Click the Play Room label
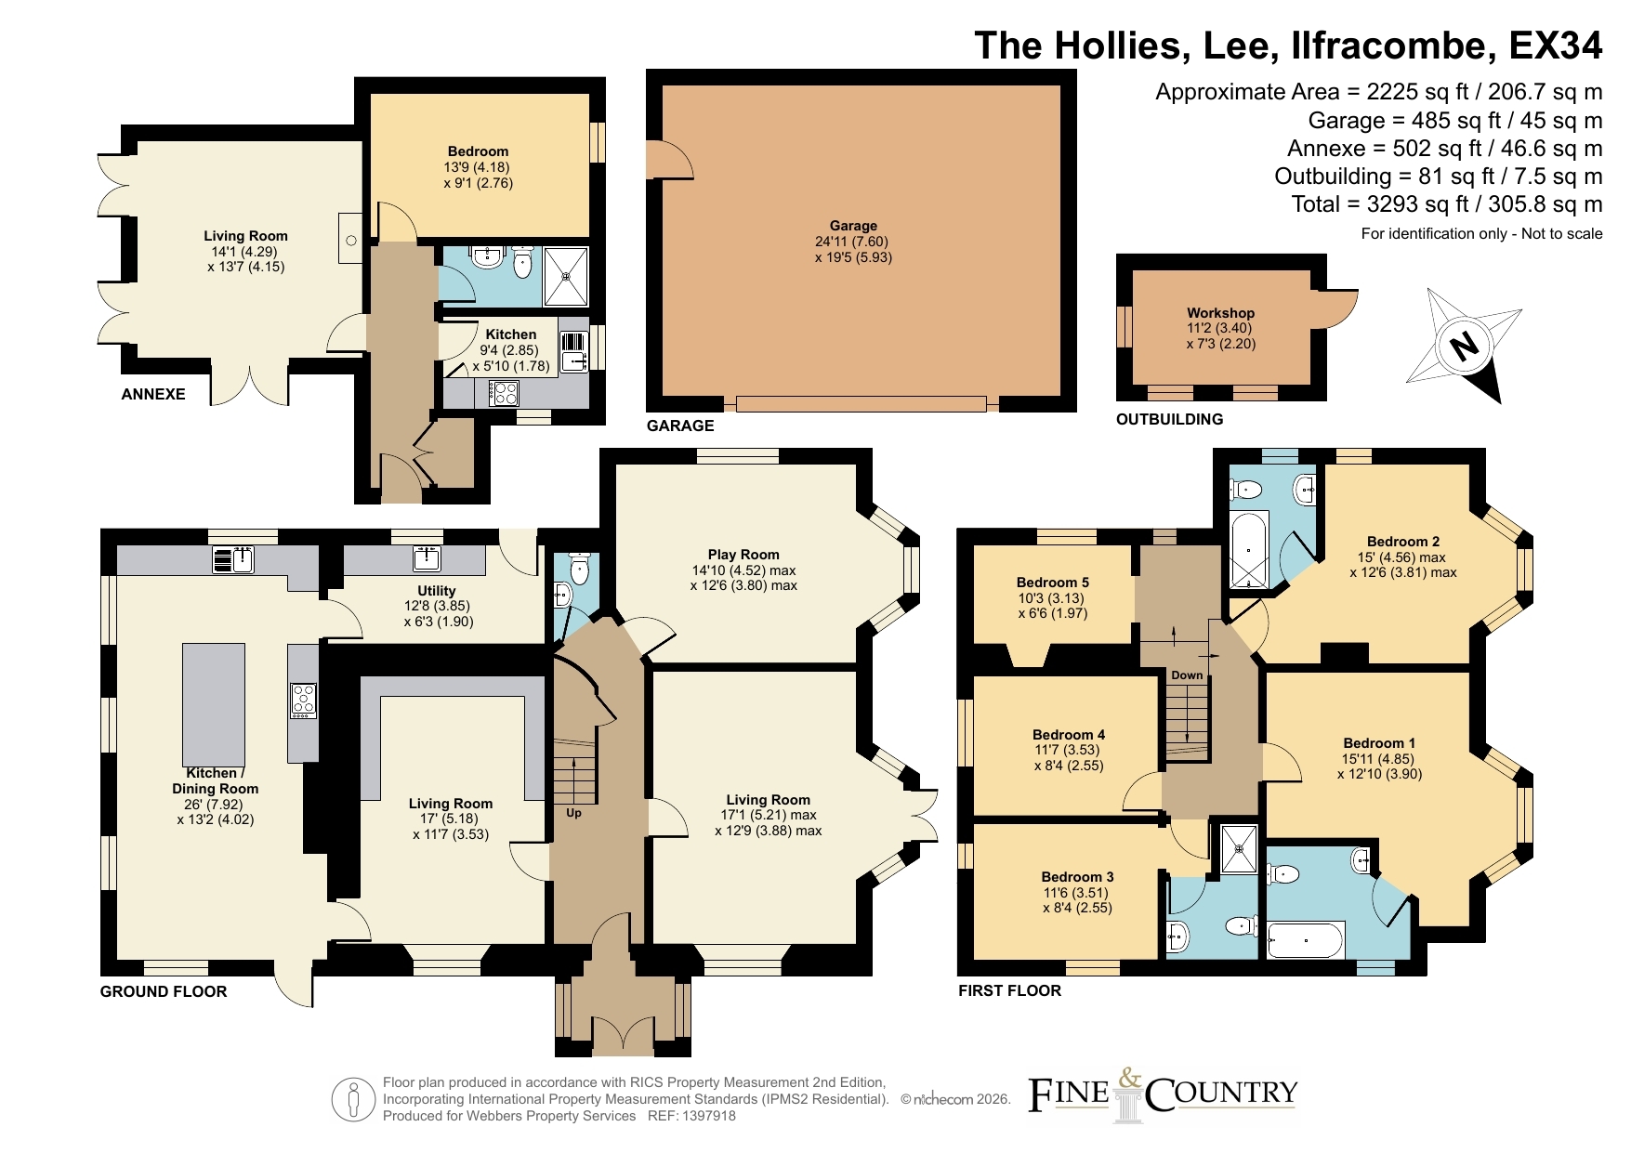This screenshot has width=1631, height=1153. [743, 555]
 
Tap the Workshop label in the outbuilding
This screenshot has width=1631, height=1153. [1220, 313]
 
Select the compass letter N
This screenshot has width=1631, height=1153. [1464, 347]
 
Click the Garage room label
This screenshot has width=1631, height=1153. [853, 226]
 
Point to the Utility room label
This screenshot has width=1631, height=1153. [437, 591]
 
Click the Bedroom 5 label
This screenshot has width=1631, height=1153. [1053, 583]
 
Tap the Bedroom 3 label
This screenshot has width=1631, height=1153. [1077, 877]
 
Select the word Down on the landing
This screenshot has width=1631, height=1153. [1187, 675]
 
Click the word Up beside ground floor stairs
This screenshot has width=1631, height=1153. [573, 813]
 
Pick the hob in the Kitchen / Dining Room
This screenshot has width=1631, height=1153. [304, 701]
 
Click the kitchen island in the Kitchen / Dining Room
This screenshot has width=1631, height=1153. [214, 703]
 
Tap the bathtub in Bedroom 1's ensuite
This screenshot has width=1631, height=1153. [1306, 940]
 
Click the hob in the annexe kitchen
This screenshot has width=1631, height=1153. [504, 394]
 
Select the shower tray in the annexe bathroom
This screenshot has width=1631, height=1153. [566, 276]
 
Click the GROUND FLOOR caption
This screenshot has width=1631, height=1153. [164, 991]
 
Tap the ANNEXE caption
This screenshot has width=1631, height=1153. [153, 394]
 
